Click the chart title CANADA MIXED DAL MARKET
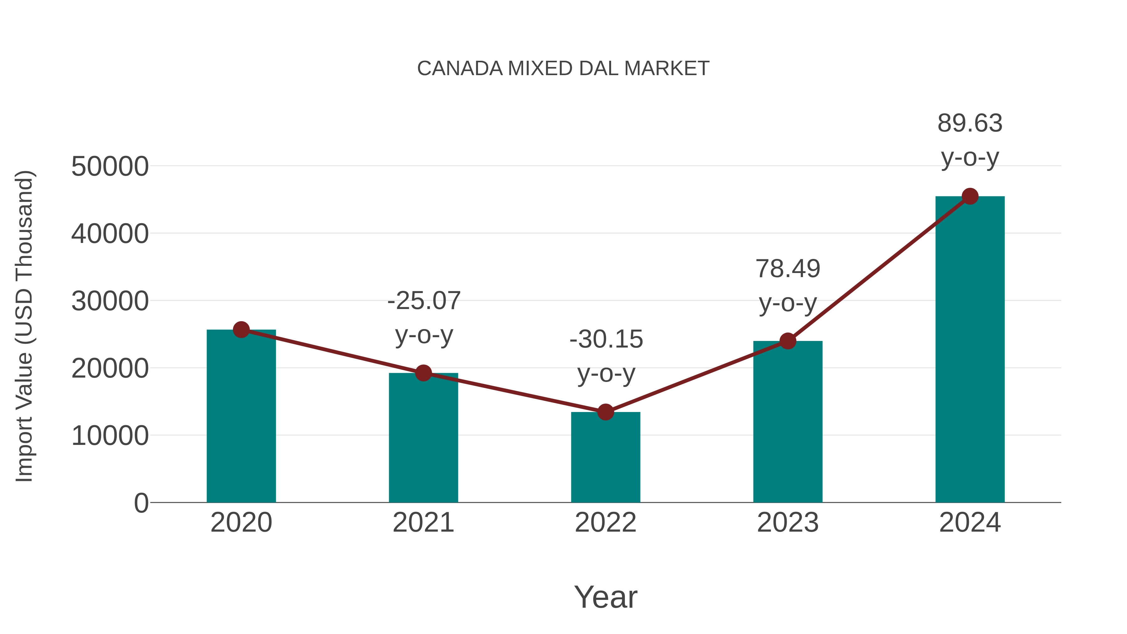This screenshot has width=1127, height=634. (x=563, y=69)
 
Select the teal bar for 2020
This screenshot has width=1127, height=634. (x=241, y=416)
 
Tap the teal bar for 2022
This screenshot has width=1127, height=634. (x=605, y=457)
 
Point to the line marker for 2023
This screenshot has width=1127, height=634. (x=788, y=341)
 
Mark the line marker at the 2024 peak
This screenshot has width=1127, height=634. (x=970, y=196)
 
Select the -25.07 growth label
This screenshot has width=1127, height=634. (x=424, y=301)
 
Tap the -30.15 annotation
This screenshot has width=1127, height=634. (x=606, y=339)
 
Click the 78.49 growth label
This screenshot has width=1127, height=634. (x=788, y=269)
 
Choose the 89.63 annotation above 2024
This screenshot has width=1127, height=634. (x=970, y=123)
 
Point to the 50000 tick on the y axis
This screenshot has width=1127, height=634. (x=110, y=167)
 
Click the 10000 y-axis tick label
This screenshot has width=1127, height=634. (x=110, y=436)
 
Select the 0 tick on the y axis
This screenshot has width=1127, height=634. (x=141, y=503)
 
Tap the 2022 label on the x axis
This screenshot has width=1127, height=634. (x=605, y=523)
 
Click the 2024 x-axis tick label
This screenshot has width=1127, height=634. (x=970, y=523)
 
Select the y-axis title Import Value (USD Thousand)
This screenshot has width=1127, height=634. (x=24, y=327)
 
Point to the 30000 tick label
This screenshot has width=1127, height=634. (x=110, y=302)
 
